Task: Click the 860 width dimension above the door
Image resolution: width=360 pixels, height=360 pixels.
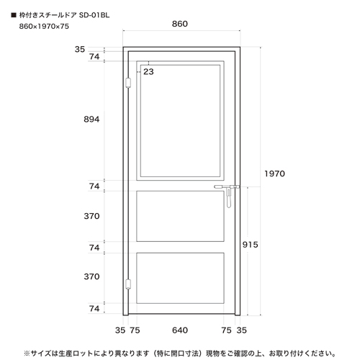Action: click(x=180, y=24)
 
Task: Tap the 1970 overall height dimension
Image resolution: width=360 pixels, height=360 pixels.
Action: click(x=274, y=174)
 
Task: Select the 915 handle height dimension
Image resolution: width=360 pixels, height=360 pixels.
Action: click(x=250, y=245)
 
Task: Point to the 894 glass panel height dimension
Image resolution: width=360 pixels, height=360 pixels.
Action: click(x=91, y=119)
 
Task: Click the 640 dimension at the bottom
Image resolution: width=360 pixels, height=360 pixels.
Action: click(x=180, y=330)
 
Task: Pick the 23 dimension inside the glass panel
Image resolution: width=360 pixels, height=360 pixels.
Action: click(x=148, y=71)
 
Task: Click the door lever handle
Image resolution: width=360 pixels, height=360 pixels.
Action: click(x=227, y=193)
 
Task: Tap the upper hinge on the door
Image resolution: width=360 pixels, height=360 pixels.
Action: click(x=128, y=83)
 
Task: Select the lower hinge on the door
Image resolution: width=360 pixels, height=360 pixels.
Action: click(x=128, y=284)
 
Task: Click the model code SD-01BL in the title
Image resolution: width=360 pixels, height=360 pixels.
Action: click(x=94, y=15)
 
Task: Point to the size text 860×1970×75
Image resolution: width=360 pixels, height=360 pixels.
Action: click(x=44, y=26)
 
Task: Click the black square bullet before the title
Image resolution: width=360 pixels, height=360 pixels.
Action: click(x=14, y=15)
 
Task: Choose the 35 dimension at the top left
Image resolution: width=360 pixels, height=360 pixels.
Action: click(x=80, y=49)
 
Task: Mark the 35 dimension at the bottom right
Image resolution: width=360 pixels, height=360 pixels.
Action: click(x=241, y=330)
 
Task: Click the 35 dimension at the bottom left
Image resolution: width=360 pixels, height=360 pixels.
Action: click(x=120, y=330)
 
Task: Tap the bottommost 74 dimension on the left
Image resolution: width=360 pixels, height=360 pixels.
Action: click(x=94, y=308)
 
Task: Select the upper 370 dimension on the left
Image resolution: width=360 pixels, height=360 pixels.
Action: click(x=91, y=216)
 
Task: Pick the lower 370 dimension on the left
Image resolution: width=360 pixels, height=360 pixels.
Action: click(x=91, y=276)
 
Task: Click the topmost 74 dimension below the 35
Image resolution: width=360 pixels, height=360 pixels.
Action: click(x=94, y=57)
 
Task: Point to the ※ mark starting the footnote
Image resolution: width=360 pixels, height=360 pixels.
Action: click(x=27, y=354)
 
